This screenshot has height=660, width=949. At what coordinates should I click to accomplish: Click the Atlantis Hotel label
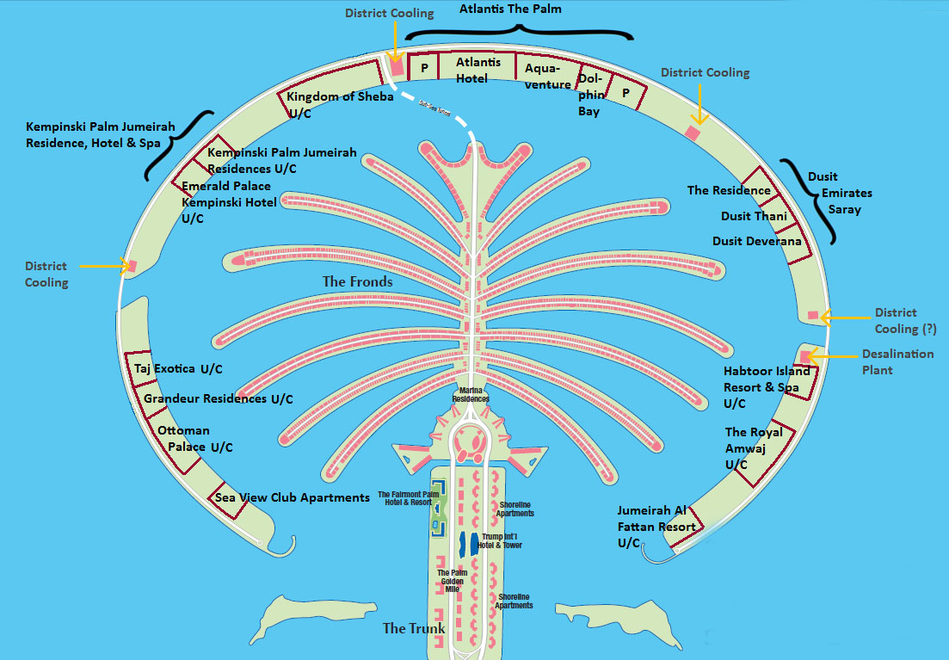478,70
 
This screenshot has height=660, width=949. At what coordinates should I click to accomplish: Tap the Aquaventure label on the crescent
547,76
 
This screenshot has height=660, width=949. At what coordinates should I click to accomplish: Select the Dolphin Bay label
589,95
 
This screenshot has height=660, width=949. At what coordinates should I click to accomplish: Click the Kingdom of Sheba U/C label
339,104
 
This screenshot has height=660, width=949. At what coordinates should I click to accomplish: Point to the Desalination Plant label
897,361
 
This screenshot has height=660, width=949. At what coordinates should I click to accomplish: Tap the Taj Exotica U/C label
178,369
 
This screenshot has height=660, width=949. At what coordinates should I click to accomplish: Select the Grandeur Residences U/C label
218,399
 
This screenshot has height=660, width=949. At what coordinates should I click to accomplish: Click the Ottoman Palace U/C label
194,439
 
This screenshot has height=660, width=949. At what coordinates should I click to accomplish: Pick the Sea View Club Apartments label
292,497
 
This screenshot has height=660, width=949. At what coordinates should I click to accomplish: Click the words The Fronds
357,281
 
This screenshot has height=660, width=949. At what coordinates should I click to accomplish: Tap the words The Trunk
414,628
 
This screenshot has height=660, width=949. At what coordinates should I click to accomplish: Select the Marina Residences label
471,395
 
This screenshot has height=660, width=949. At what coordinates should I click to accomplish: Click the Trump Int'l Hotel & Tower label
502,540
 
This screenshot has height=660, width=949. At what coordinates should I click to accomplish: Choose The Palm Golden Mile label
453,581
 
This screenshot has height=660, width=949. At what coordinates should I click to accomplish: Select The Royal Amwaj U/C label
754,448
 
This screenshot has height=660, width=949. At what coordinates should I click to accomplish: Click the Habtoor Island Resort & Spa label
766,387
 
